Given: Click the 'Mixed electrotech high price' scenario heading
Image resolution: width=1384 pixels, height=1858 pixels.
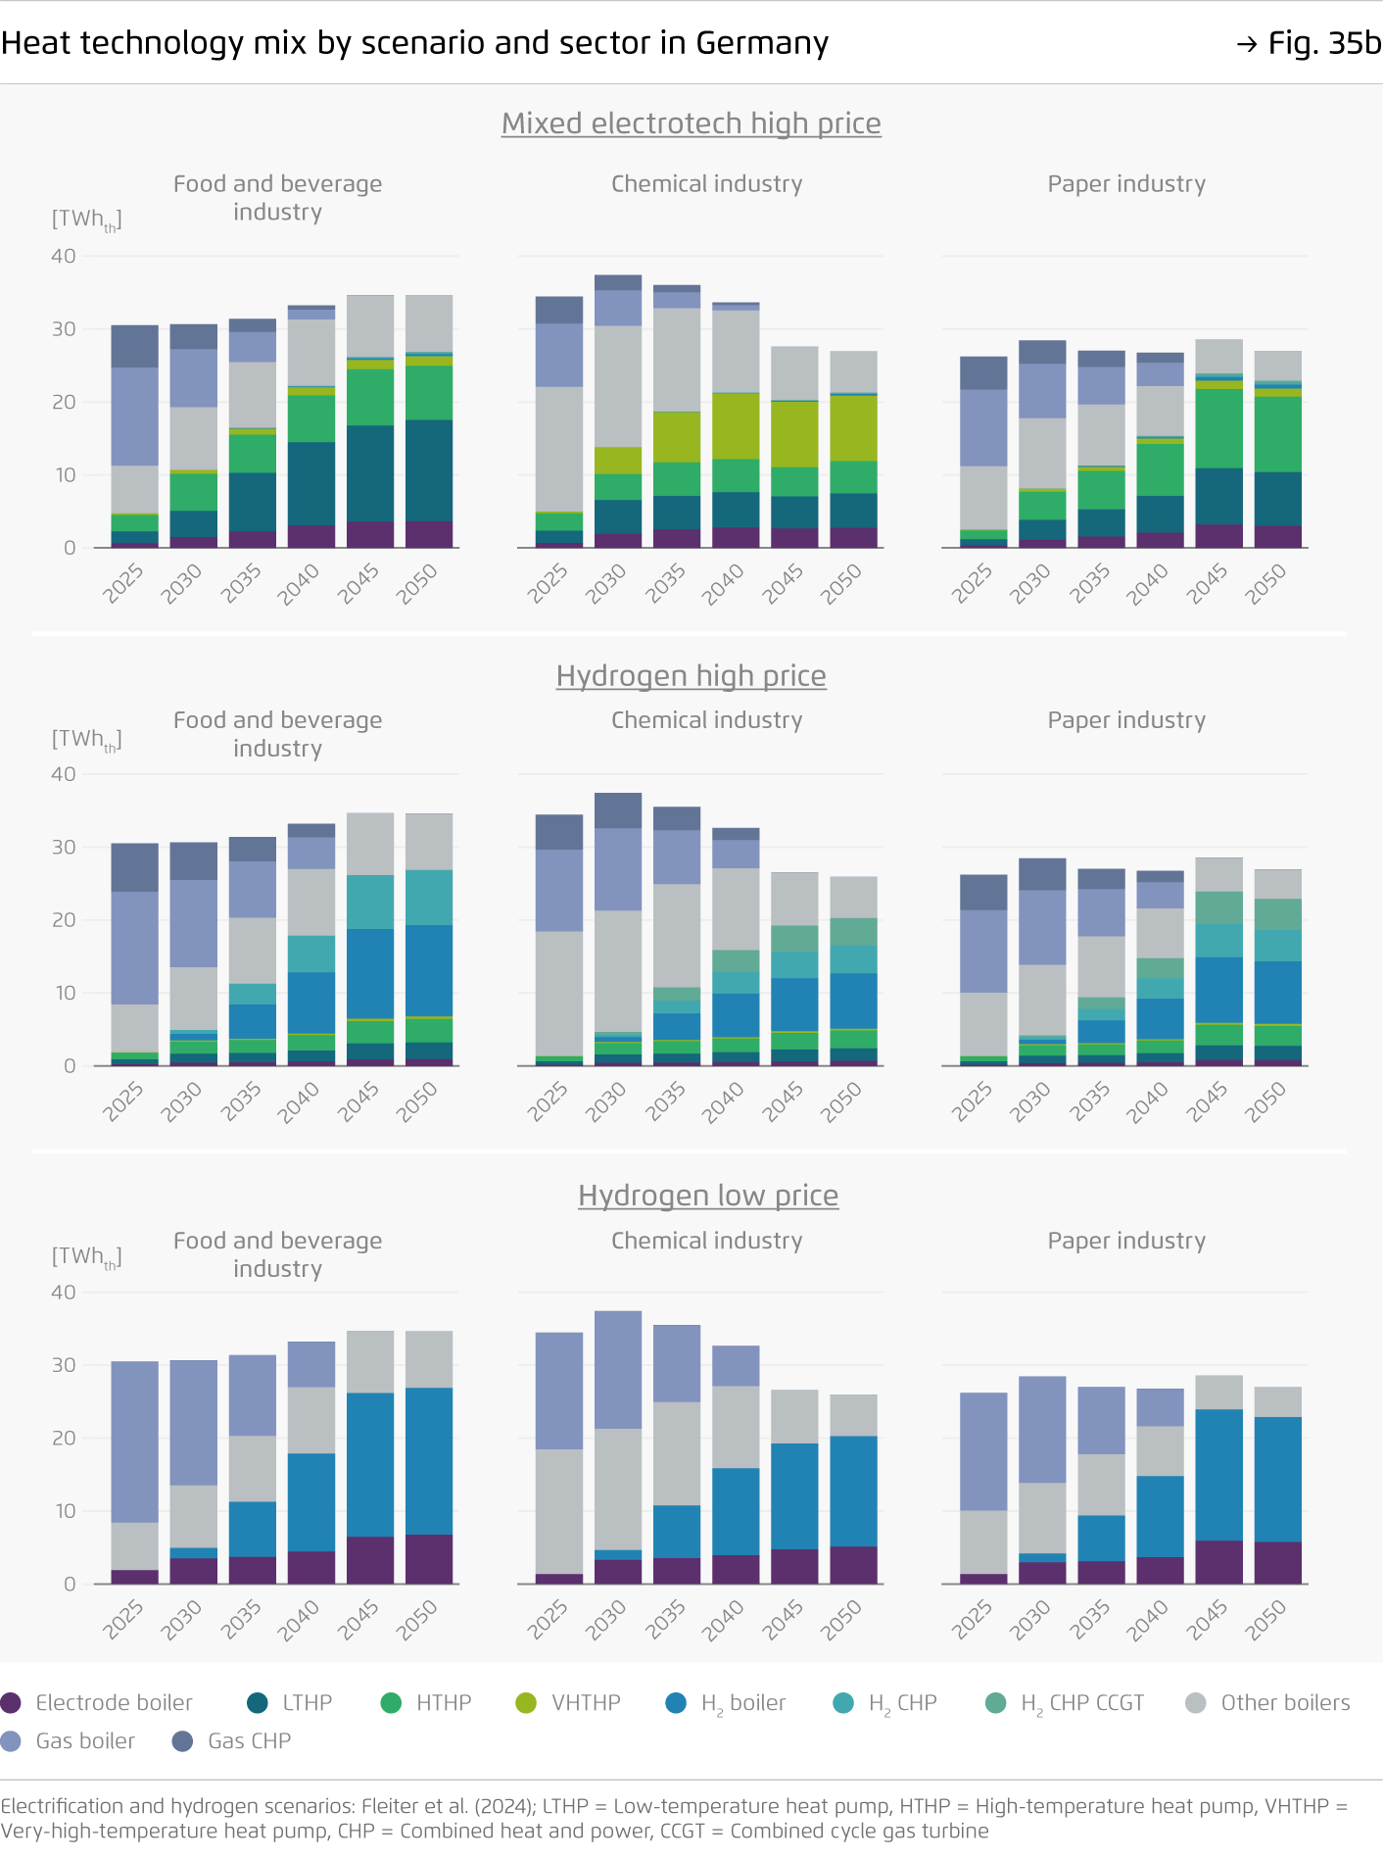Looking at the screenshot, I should click(691, 123).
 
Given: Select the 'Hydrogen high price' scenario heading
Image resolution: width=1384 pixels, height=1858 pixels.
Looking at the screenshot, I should click(691, 676).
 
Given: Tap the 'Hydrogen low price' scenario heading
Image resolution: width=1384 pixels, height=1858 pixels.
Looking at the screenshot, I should click(707, 1196).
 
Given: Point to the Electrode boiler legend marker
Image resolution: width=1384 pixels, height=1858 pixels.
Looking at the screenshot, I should click(12, 1702).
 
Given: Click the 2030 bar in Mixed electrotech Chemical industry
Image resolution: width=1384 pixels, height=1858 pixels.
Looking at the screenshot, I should click(618, 412).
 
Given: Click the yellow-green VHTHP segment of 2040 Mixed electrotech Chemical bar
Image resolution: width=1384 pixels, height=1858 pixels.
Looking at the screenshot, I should click(736, 426).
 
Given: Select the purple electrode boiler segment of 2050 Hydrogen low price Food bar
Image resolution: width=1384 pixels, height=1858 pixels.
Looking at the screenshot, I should click(429, 1559).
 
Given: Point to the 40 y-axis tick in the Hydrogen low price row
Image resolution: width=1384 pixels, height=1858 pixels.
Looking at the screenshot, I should click(64, 1293).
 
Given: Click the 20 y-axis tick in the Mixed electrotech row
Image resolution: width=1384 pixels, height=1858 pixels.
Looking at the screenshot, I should click(64, 402).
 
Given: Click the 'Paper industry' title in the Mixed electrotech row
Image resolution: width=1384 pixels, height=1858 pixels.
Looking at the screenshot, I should click(1126, 184).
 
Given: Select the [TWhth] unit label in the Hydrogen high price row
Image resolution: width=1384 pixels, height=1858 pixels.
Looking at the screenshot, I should click(86, 739).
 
